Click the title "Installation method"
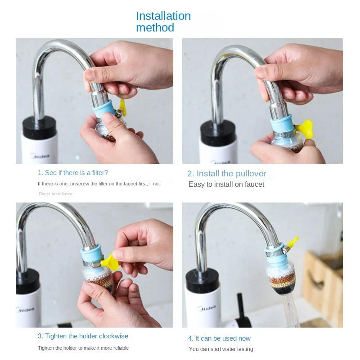click(x=163, y=22)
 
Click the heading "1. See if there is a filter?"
click(x=73, y=173)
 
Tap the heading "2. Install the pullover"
click(x=227, y=174)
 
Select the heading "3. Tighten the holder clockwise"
click(x=83, y=336)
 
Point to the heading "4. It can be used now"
click(x=219, y=338)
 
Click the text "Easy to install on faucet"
click(x=226, y=184)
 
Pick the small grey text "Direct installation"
click(x=56, y=194)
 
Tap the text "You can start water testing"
click(x=221, y=349)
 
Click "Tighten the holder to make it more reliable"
click(x=83, y=348)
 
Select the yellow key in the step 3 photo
click(x=110, y=261)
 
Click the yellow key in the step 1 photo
click(x=121, y=107)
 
